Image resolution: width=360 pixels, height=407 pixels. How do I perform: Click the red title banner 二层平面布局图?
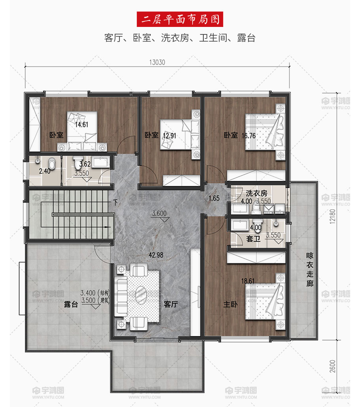180,19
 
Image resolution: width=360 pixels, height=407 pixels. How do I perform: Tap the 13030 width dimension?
157,62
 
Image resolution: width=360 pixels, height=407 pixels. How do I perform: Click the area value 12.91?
169,135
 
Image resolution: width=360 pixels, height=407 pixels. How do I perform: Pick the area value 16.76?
250,135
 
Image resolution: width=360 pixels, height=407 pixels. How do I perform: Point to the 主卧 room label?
230,305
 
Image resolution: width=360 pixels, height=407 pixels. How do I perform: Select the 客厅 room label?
170,305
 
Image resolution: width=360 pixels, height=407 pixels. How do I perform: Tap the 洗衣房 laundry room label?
256,193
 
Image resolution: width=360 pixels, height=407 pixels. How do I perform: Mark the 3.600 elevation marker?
159,214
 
